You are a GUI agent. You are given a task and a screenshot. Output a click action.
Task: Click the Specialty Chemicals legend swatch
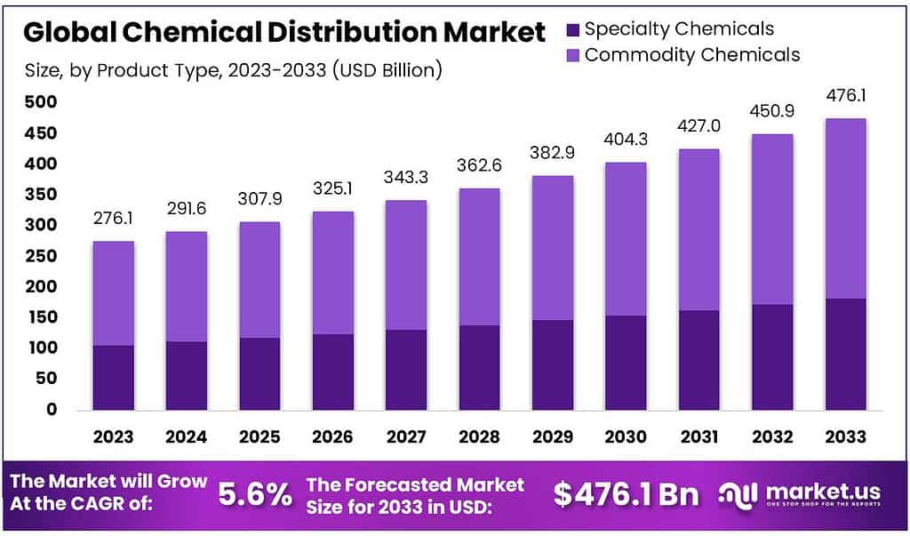point(573,30)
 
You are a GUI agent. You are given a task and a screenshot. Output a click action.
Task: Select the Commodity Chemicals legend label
point(692,55)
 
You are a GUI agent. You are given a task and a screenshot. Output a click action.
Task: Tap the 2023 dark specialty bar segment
point(113,378)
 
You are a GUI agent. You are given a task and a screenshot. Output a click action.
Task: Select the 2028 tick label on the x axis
point(479,436)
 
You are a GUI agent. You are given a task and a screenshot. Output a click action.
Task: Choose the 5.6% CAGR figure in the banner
point(256,494)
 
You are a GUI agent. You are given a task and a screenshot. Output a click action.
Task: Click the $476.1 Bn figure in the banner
point(626,494)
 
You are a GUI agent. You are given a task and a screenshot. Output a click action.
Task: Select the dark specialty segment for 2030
point(626,363)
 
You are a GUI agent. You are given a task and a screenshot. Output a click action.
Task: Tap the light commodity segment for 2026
point(332,273)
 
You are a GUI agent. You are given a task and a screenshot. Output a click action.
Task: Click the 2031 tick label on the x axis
point(699,436)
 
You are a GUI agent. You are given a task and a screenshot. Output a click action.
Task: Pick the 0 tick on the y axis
point(51,410)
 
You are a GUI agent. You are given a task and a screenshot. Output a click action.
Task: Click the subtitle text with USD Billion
point(233,69)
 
